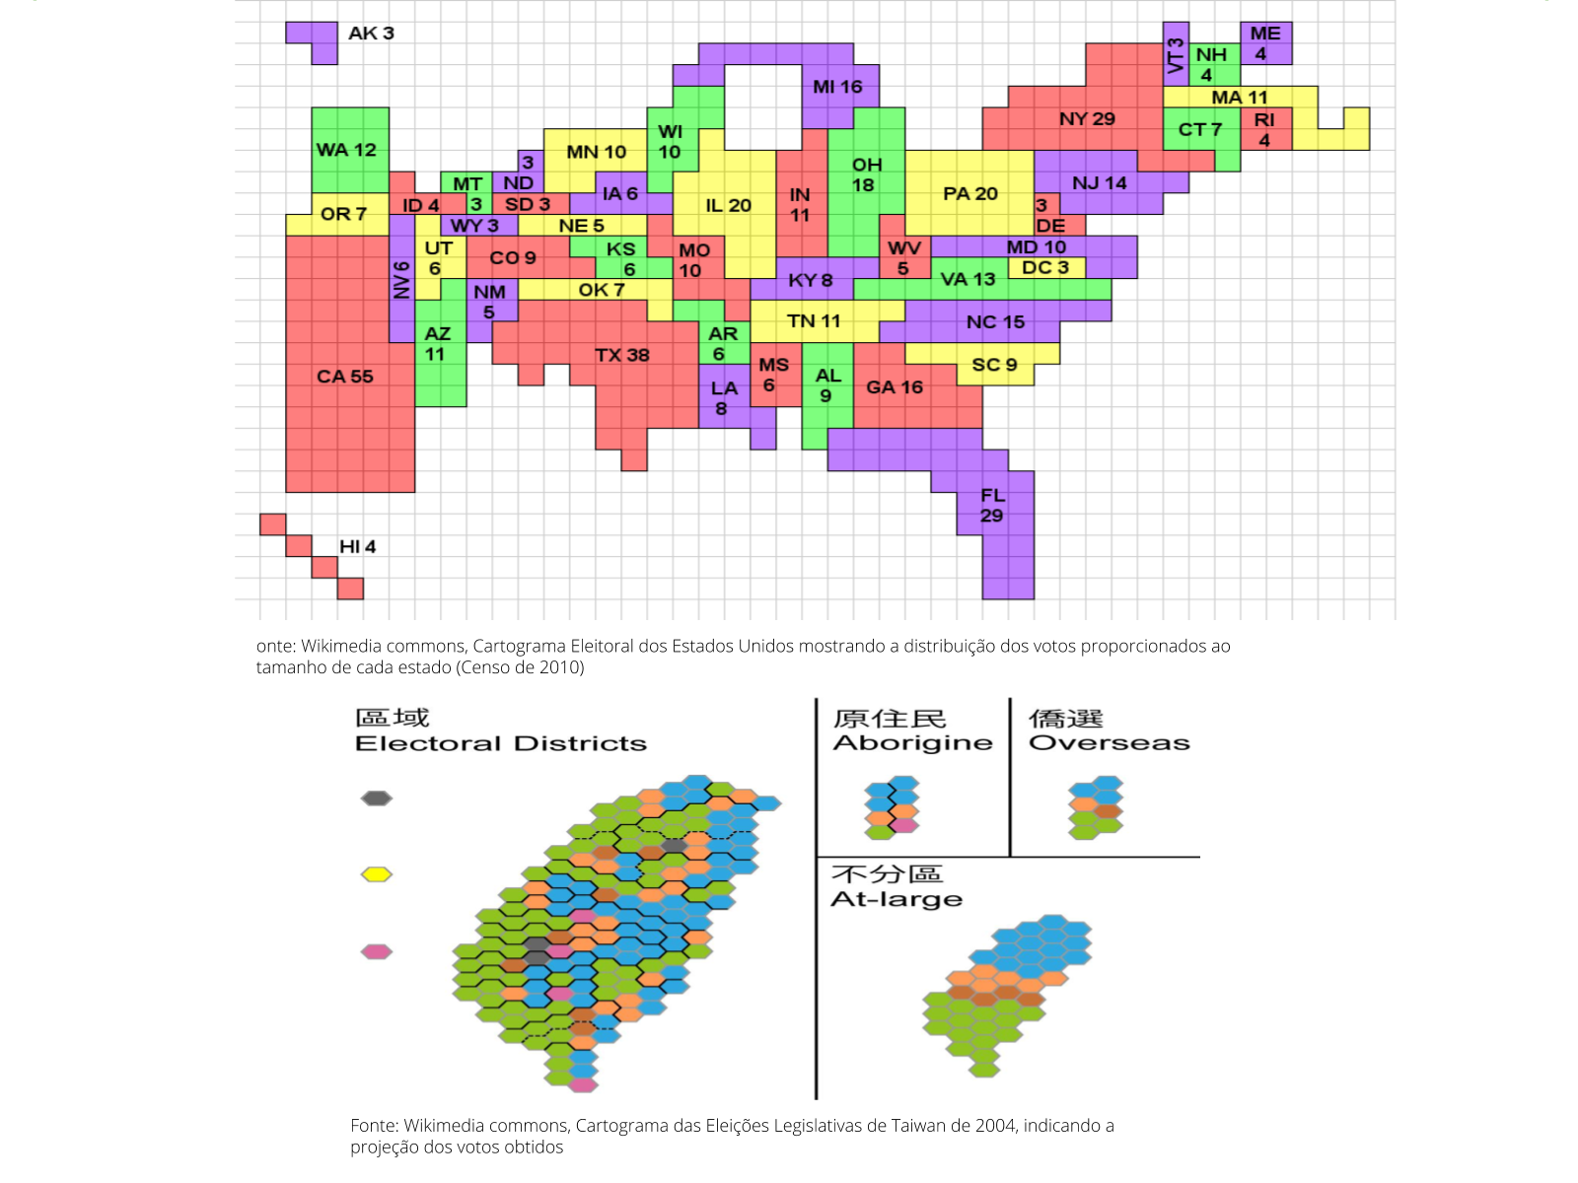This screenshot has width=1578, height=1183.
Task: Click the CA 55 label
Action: (344, 377)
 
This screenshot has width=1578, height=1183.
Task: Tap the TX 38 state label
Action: (621, 355)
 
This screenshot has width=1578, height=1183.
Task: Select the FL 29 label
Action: (992, 506)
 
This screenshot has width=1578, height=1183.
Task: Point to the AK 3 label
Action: (371, 34)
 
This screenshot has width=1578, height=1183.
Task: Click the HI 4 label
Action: (357, 547)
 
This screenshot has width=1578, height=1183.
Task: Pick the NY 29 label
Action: (1087, 119)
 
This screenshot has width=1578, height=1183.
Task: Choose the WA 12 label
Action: (346, 150)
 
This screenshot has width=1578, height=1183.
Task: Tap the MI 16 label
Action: (837, 87)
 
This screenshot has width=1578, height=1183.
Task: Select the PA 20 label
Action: (970, 194)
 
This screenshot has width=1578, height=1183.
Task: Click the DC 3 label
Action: (1044, 267)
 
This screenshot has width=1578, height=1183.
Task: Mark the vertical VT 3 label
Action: (1175, 55)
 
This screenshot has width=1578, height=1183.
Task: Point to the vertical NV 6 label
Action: (401, 280)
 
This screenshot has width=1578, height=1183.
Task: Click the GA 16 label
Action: (895, 387)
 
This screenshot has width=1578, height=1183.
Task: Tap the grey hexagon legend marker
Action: (377, 798)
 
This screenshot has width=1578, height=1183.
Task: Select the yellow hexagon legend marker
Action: (377, 874)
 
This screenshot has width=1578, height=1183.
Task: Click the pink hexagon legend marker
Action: (377, 951)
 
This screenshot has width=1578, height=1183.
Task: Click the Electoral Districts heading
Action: (501, 744)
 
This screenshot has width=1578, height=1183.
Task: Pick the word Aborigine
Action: (912, 743)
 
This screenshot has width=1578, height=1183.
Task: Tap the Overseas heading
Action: (1110, 743)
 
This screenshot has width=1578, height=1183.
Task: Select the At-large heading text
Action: (897, 899)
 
